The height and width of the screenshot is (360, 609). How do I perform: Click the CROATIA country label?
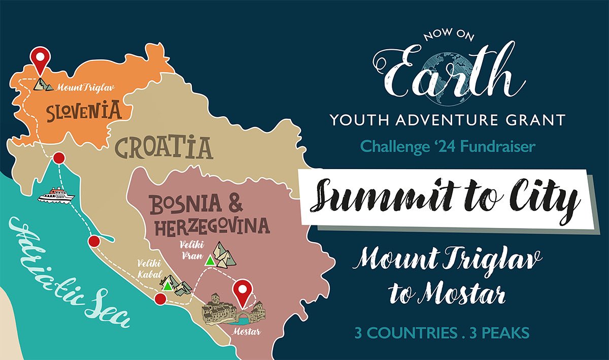click(163, 147)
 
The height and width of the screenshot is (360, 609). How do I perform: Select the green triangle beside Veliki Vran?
click(209, 261)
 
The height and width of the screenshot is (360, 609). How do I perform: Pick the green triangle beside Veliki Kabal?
click(167, 285)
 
